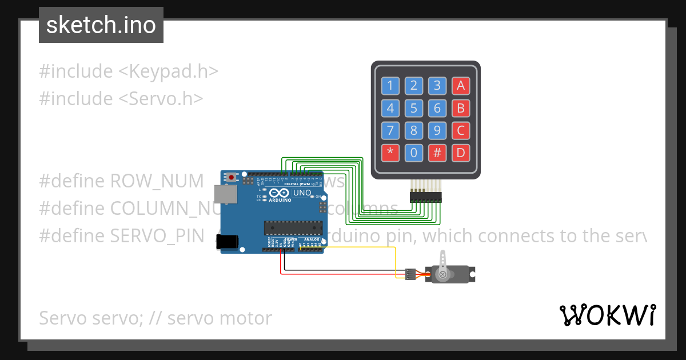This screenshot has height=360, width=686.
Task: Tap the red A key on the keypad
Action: (x=460, y=86)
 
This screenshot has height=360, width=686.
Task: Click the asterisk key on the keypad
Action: (x=390, y=153)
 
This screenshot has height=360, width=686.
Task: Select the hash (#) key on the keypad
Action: (x=437, y=153)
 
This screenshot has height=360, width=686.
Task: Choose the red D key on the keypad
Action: (x=460, y=153)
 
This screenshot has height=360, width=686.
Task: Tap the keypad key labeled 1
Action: (x=390, y=86)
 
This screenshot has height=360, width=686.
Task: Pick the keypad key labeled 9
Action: (x=437, y=130)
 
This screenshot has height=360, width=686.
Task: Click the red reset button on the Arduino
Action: (x=231, y=177)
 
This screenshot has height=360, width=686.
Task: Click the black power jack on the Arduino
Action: (x=230, y=242)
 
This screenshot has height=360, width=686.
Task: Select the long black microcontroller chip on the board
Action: (x=292, y=227)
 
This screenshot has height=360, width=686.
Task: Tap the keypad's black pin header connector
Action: (x=426, y=197)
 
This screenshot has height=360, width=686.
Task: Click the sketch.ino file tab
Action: (x=101, y=25)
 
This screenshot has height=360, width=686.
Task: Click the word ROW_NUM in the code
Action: (x=157, y=181)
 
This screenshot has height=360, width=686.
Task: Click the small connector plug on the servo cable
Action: (x=410, y=274)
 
